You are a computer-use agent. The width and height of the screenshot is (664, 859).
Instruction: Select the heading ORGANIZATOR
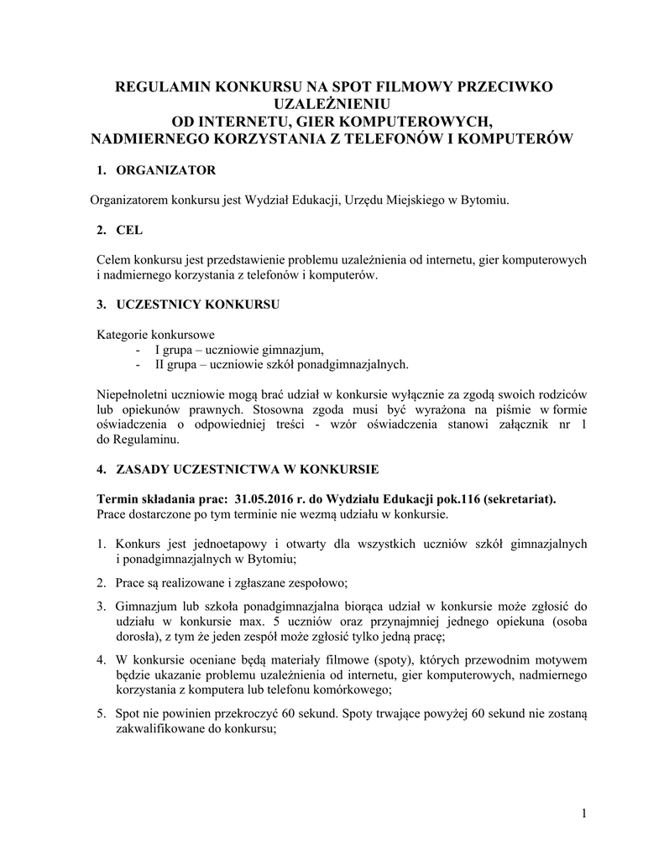coord(166,170)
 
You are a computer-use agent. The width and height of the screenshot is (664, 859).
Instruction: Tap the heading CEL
coord(129,230)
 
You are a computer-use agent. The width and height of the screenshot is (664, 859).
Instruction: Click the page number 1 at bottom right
coord(583,813)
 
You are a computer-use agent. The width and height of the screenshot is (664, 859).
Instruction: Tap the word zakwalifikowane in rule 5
coord(159,728)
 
